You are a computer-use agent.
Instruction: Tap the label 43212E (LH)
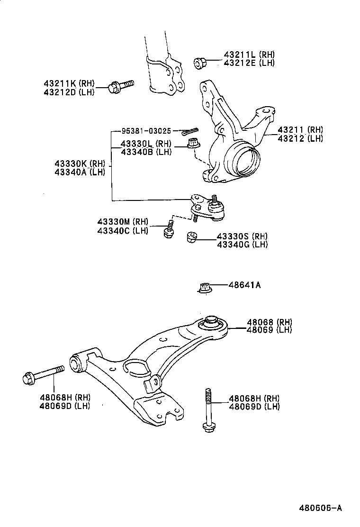[249, 63]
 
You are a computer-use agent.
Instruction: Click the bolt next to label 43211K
[121, 86]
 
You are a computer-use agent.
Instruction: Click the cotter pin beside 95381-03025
[190, 131]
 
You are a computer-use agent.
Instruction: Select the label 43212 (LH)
[300, 138]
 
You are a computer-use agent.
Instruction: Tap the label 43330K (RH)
[83, 164]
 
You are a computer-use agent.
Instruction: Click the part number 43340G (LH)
[242, 245]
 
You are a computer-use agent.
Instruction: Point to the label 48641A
[245, 286]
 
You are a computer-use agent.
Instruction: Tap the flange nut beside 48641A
[204, 287]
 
